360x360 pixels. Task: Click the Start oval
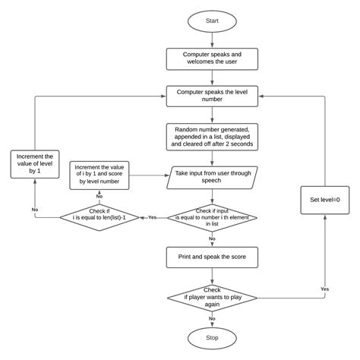pyautogui.click(x=212, y=21)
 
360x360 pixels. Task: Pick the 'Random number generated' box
pyautogui.click(x=212, y=135)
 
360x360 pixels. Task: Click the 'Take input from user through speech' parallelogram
pyautogui.click(x=212, y=176)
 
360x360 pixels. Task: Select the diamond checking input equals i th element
pyautogui.click(x=212, y=216)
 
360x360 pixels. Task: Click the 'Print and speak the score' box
pyautogui.click(x=212, y=257)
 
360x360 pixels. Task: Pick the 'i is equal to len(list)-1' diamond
pyautogui.click(x=99, y=217)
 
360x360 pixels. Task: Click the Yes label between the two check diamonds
pyautogui.click(x=153, y=216)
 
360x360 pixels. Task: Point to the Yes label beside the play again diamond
pyautogui.click(x=324, y=289)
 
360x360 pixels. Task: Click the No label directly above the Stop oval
pyautogui.click(x=212, y=318)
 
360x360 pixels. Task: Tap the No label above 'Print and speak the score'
pyautogui.click(x=212, y=238)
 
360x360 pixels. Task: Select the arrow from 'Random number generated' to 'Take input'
pyautogui.click(x=212, y=157)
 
